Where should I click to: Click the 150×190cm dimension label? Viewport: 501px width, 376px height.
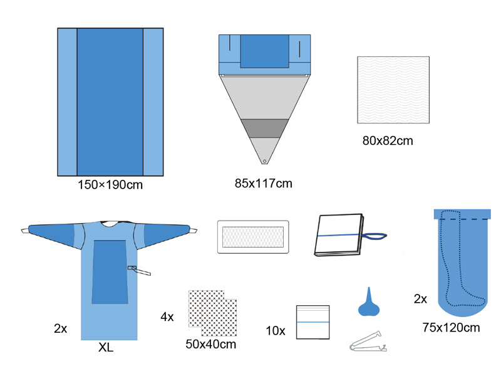click(x=110, y=185)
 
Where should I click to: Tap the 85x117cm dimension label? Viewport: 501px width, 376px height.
click(x=263, y=184)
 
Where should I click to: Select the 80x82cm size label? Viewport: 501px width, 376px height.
click(x=388, y=140)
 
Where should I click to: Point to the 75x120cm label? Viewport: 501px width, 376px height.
click(x=451, y=327)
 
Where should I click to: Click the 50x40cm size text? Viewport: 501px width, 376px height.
click(x=211, y=344)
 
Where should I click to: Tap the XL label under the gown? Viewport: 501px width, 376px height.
click(x=106, y=347)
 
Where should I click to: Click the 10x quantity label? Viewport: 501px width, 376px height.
click(x=276, y=331)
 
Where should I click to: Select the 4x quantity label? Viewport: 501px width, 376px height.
click(x=167, y=317)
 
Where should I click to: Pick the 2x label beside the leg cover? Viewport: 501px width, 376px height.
click(x=420, y=299)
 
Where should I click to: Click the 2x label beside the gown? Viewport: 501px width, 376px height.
click(x=60, y=328)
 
